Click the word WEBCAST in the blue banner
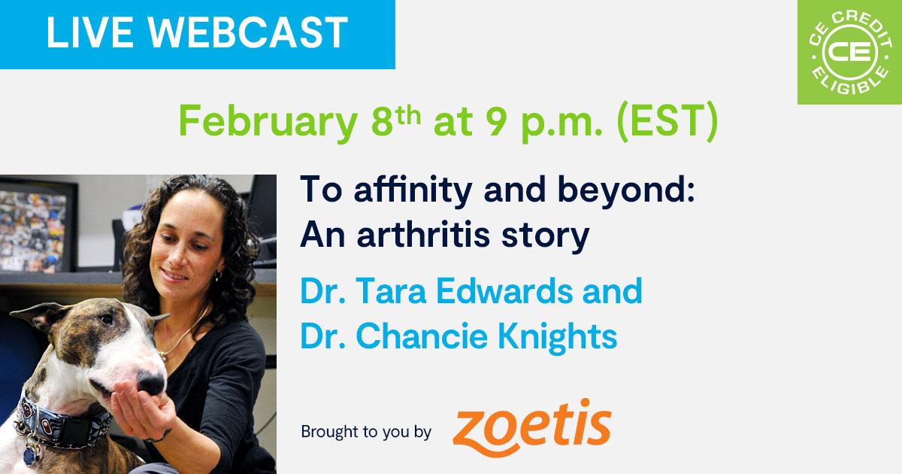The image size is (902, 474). pos(247,32)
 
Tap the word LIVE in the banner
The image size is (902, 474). pos(89,32)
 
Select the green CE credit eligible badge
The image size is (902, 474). pos(849,52)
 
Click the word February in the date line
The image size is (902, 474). pos(268,122)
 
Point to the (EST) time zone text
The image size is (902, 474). pos(667,121)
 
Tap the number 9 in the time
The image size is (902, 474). pos(495,122)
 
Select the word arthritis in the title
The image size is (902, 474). pos(423,235)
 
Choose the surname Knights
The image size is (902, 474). pos(557,336)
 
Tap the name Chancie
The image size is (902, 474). pos(422,336)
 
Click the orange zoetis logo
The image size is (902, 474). pos(532,428)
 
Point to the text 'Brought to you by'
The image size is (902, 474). pos(366,432)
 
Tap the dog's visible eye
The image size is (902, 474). pos(106,319)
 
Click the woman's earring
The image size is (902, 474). pos(218,276)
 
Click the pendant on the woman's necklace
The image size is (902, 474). pos(162,356)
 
